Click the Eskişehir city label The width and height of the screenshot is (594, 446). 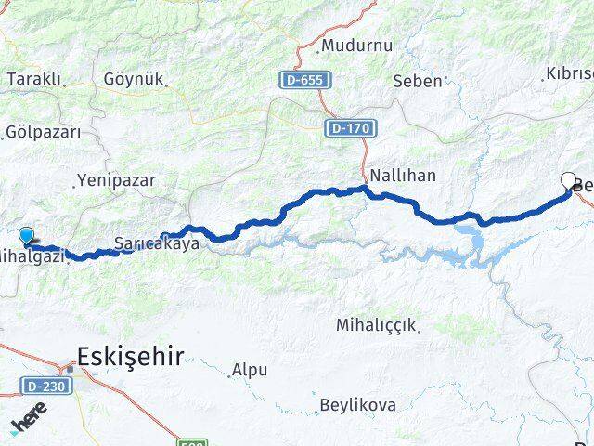click(130, 355)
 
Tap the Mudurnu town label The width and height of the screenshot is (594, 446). click(356, 46)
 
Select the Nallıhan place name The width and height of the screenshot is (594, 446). click(403, 175)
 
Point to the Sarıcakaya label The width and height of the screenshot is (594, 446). click(157, 244)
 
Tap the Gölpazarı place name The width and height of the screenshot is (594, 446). click(43, 132)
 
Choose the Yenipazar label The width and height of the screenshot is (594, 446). click(116, 180)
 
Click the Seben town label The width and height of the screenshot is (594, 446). click(418, 81)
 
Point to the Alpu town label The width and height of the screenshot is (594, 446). click(250, 370)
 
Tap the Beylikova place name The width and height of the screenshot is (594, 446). click(357, 405)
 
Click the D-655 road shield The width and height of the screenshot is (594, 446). click(305, 81)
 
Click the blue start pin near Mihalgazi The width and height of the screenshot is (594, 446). click(26, 237)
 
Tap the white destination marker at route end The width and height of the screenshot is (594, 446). click(568, 180)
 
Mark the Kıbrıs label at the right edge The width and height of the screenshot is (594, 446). click(569, 73)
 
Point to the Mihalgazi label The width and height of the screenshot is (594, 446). click(32, 256)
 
